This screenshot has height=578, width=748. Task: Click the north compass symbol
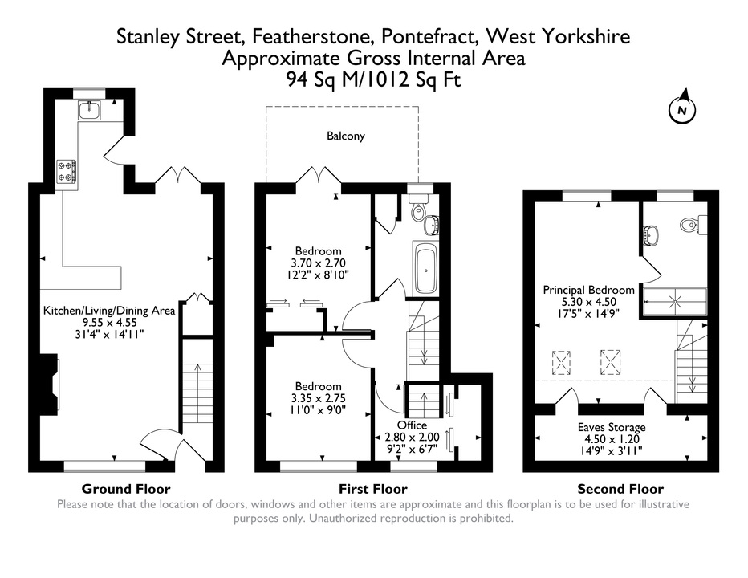pyautogui.click(x=682, y=109)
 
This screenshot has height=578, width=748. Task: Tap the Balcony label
pyautogui.click(x=346, y=136)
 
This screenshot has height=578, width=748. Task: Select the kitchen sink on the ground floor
pyautogui.click(x=90, y=110)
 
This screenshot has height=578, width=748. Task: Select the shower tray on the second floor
pyautogui.click(x=675, y=302)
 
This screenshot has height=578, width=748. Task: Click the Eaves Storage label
pyautogui.click(x=612, y=427)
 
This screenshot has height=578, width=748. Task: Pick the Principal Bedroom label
pyautogui.click(x=588, y=290)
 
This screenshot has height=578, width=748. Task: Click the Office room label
pyautogui.click(x=413, y=425)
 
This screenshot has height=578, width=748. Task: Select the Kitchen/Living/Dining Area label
pyautogui.click(x=109, y=311)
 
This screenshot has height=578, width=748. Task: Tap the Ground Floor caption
pyautogui.click(x=126, y=489)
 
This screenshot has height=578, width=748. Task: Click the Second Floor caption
pyautogui.click(x=620, y=489)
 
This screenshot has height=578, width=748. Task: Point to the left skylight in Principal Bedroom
pyautogui.click(x=562, y=363)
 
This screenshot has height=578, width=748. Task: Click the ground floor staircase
pyautogui.click(x=197, y=393)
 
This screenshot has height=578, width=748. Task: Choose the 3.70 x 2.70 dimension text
pyautogui.click(x=318, y=263)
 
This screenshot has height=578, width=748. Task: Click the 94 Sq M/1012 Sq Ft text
pyautogui.click(x=373, y=79)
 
